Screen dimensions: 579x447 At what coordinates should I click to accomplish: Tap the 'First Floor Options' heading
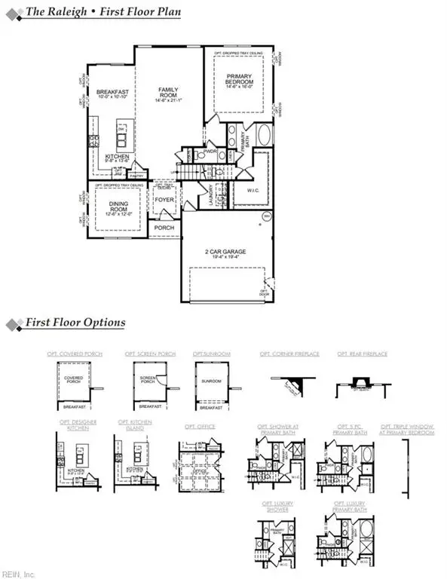(x=75, y=323)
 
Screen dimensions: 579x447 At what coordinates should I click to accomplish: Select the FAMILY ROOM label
(x=167, y=95)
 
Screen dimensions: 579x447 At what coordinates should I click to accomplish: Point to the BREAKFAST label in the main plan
(x=113, y=94)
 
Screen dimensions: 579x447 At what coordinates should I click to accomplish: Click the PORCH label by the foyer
(x=164, y=227)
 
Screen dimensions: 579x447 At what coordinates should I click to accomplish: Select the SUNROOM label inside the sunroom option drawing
(x=210, y=382)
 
